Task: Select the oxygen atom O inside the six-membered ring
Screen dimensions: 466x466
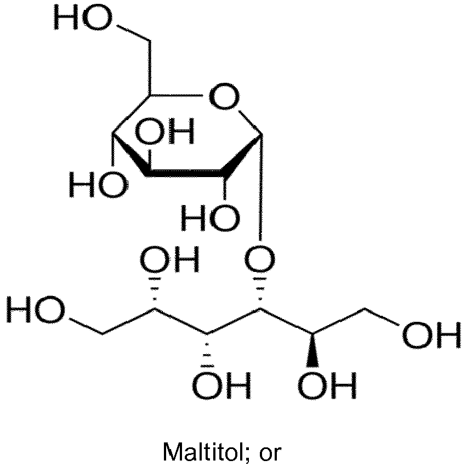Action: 224,96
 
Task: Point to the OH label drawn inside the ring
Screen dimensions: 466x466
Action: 165,130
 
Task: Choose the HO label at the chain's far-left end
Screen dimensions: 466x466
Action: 36,309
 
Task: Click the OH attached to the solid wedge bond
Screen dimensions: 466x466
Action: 327,385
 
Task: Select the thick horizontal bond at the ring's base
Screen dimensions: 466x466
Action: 185,173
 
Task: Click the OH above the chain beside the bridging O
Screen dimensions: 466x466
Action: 169,259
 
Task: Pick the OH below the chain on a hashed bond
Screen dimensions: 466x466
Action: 221,385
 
